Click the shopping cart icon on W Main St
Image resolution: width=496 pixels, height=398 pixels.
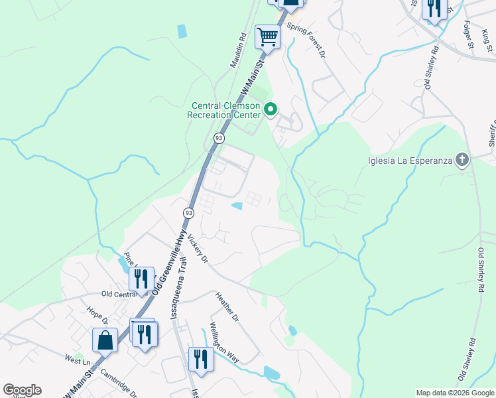(267, 37)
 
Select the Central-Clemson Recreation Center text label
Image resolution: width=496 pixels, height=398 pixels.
(226, 110)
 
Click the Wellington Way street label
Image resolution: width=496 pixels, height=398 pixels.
(224, 342)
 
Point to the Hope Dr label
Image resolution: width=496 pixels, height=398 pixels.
(97, 317)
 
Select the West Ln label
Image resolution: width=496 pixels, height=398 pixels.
(77, 360)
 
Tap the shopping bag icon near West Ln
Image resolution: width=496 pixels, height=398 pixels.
(105, 340)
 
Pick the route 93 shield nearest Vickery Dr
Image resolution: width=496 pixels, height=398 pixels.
(189, 213)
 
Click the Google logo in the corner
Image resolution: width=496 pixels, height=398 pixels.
(22, 390)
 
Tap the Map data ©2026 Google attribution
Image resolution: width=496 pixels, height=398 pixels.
(454, 393)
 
